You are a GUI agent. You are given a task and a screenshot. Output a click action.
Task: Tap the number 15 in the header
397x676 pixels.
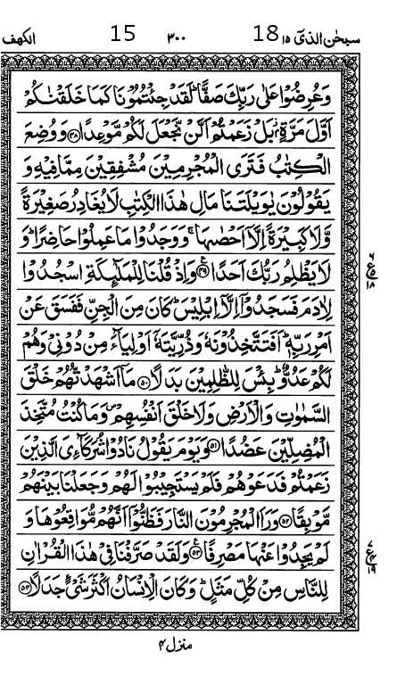[x=122, y=35]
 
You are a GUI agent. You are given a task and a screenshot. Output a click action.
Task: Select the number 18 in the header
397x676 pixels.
[x=265, y=35]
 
